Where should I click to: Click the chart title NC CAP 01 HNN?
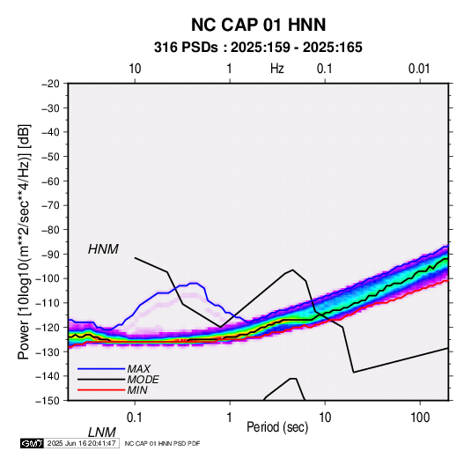tap(258, 25)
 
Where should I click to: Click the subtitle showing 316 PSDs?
tap(258, 48)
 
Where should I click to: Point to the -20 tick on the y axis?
tap(50, 84)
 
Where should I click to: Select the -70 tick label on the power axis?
tap(50, 205)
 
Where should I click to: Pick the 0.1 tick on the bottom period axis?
tap(135, 417)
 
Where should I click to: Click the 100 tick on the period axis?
tap(420, 417)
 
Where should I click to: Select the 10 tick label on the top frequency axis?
tap(135, 69)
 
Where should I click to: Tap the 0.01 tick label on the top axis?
tap(419, 69)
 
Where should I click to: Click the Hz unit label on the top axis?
tap(277, 69)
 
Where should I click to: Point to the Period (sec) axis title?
tap(277, 427)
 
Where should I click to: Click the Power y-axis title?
tap(24, 241)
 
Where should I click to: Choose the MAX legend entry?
tap(139, 369)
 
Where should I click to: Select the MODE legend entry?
tap(143, 380)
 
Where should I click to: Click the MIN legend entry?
tap(137, 390)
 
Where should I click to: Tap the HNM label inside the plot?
tap(103, 249)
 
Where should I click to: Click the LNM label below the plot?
tap(102, 433)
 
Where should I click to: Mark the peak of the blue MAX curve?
tap(194, 283)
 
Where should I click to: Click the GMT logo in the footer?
tap(32, 443)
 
